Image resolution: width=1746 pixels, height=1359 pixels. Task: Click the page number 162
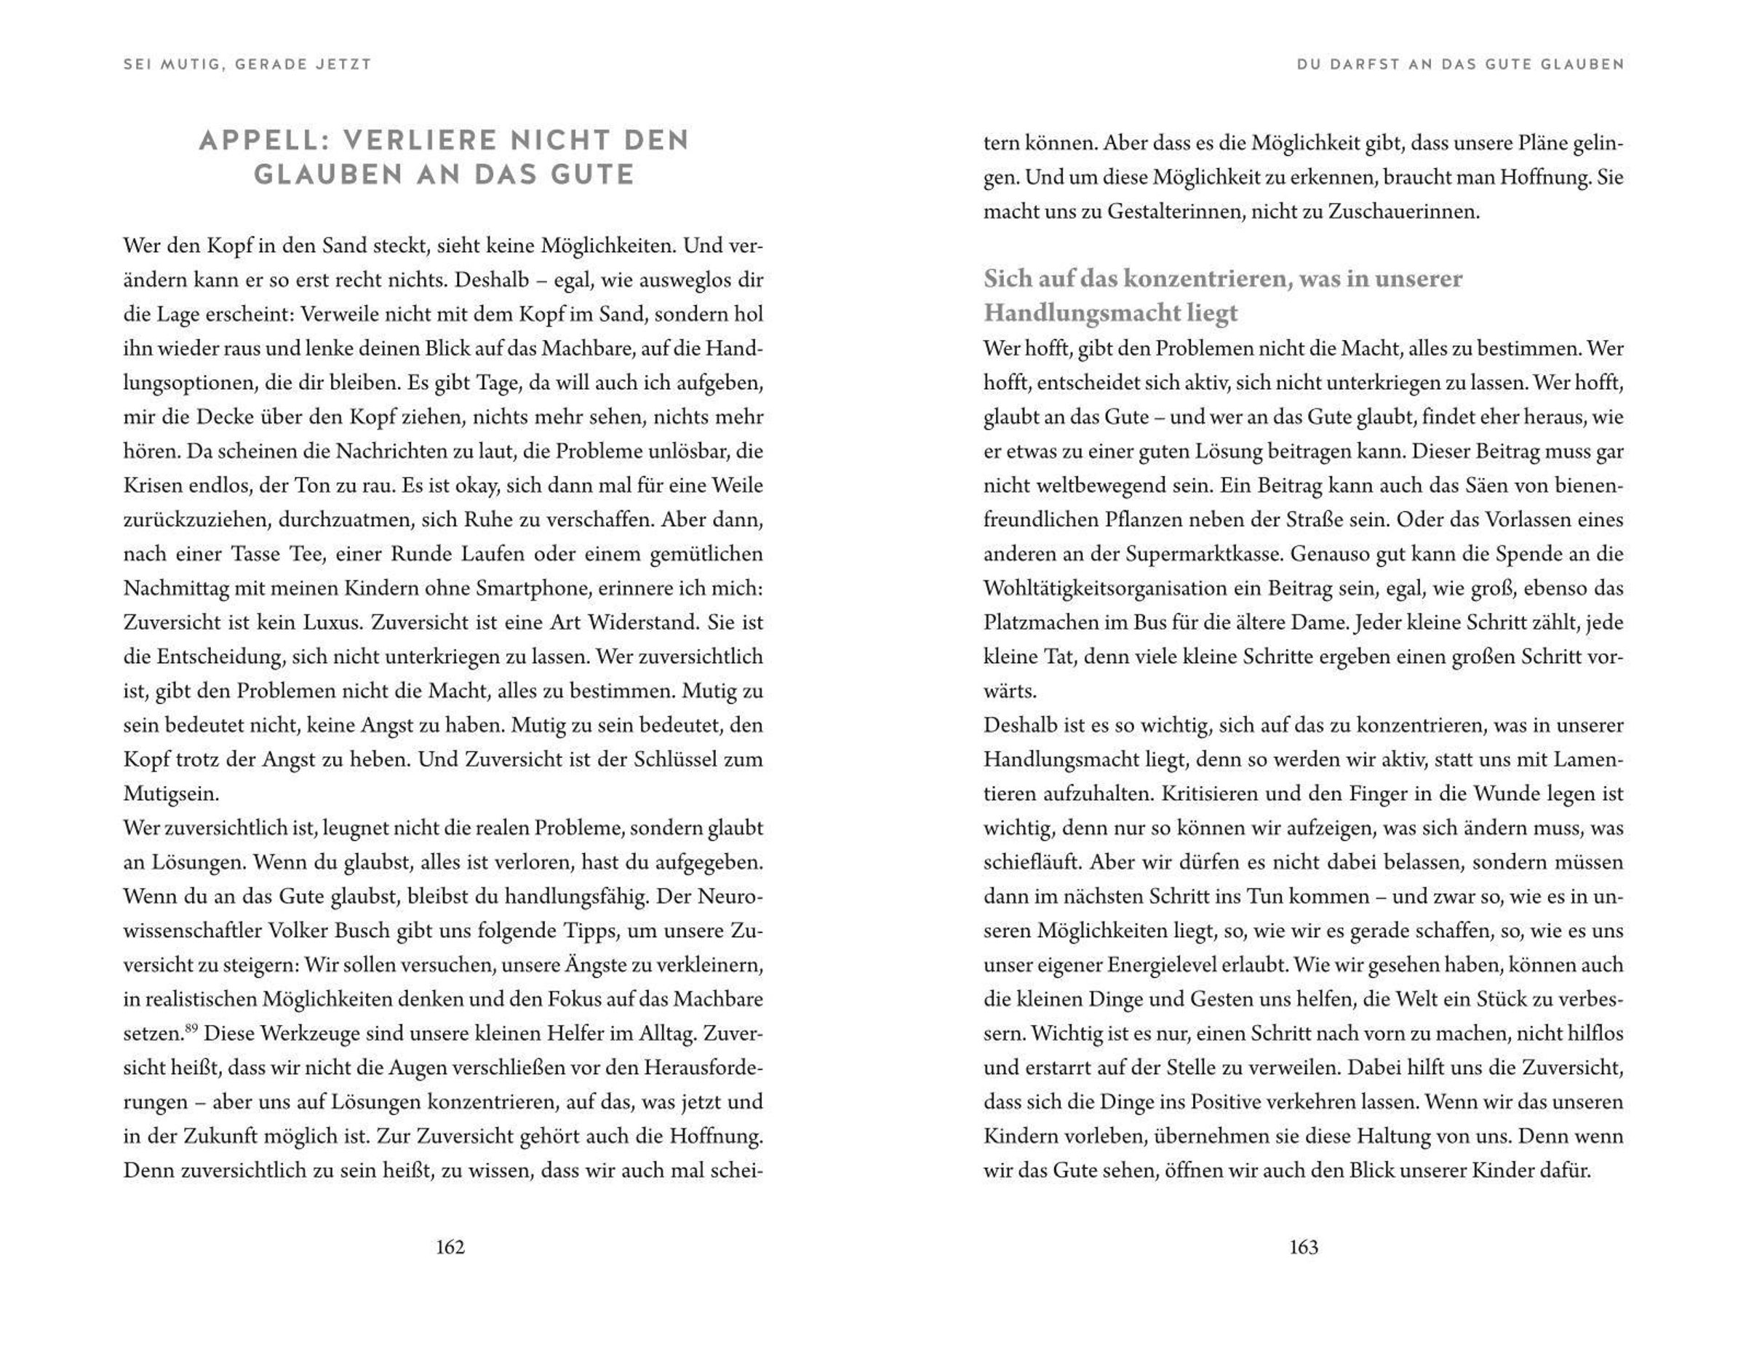click(x=450, y=1247)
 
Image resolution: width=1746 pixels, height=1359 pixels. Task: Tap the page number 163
click(x=1304, y=1247)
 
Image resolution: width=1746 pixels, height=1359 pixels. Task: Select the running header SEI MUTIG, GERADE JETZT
click(x=248, y=64)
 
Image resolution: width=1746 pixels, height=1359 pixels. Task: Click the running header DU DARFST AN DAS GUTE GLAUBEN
click(x=1461, y=64)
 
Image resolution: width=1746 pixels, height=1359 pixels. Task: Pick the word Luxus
click(x=330, y=623)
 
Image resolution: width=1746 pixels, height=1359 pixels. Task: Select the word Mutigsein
click(x=170, y=794)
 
